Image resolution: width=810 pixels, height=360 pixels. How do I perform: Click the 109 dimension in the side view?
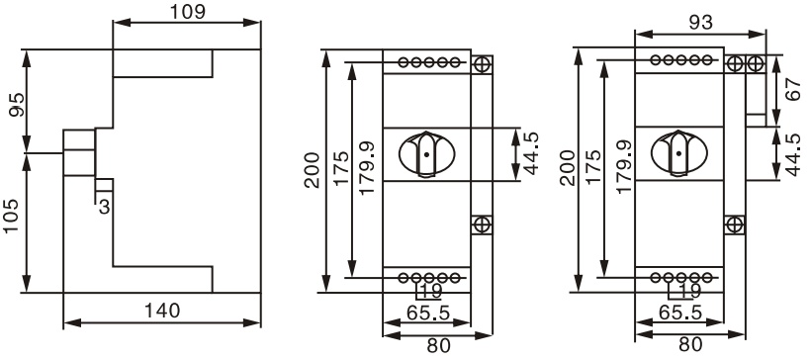pos(188,11)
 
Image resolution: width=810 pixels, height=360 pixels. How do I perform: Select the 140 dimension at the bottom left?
pos(162,311)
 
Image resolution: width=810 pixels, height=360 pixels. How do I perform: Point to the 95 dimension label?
pos(16,104)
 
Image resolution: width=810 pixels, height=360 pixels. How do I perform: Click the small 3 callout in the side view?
pos(105,207)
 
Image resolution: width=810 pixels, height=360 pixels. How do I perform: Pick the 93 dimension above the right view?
pos(701,22)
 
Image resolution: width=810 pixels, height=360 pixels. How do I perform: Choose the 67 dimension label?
pos(793,89)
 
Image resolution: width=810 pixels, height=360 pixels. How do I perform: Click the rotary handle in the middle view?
pos(426,154)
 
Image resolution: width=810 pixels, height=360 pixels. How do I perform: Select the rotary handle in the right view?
pos(678,153)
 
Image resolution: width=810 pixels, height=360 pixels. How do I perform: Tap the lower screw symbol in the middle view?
pos(482,225)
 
